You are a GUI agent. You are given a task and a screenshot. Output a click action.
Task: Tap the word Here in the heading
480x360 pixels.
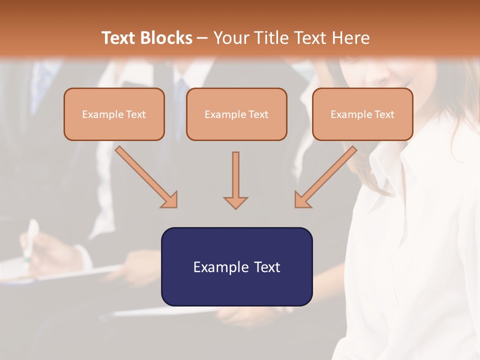click(351, 38)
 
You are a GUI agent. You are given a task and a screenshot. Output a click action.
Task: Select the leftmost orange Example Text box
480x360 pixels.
click(114, 114)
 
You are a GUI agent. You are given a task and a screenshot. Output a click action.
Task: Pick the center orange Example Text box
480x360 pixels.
click(236, 114)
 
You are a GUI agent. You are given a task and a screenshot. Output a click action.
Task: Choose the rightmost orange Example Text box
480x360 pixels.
click(362, 114)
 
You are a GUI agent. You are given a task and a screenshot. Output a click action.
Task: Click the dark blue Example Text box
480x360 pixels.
click(236, 266)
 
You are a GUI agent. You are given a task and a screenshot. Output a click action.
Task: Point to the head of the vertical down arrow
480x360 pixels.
click(235, 202)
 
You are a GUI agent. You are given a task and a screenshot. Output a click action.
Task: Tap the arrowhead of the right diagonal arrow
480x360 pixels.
click(301, 200)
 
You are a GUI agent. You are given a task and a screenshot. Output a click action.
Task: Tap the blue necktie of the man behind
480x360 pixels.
click(183, 85)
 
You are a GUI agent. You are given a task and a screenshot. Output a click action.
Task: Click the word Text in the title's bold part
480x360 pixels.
click(119, 38)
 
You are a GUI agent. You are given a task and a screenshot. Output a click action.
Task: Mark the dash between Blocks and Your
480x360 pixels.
click(202, 38)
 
